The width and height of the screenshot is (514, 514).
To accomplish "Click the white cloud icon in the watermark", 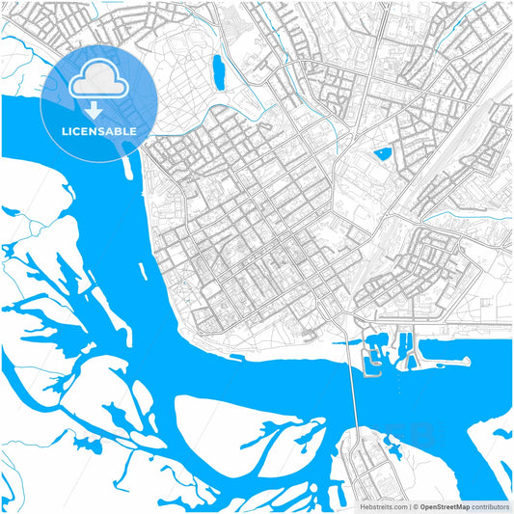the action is (x=99, y=80).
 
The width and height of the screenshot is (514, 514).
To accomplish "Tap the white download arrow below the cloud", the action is (x=99, y=108).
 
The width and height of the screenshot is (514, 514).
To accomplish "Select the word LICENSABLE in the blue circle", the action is (x=99, y=130).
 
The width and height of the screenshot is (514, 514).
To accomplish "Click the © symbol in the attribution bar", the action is (x=415, y=506).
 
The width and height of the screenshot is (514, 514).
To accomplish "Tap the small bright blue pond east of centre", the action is (x=382, y=153).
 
